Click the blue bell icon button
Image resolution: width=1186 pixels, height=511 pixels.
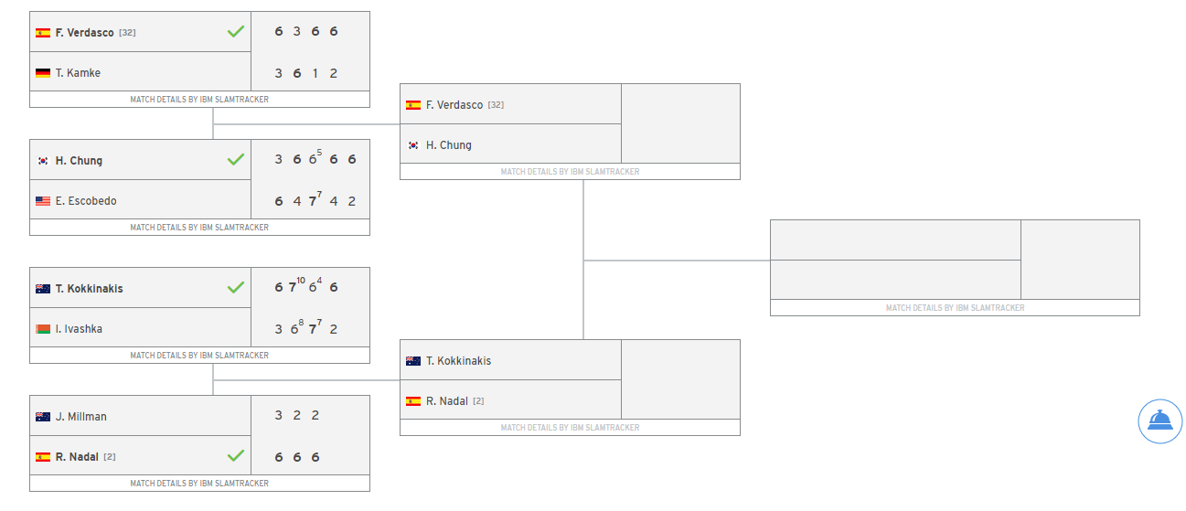coord(1159,421)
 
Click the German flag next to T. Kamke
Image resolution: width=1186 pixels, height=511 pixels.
coord(43,73)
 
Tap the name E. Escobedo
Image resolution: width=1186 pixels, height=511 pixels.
coord(86,201)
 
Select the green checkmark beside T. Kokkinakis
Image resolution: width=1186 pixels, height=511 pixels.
coord(236,288)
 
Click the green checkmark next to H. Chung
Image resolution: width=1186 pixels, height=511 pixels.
coord(236,160)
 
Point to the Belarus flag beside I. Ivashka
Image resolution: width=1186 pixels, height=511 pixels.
coord(43,329)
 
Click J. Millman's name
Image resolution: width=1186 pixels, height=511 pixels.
coord(80,417)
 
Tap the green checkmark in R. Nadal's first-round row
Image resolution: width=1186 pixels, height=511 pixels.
coord(236,456)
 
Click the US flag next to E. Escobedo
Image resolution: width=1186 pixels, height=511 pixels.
coord(43,201)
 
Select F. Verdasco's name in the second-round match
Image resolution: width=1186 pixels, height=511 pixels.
coord(454,105)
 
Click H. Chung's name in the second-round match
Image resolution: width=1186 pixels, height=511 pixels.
coord(448,145)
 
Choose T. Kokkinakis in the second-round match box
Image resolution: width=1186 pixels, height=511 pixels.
coord(458,361)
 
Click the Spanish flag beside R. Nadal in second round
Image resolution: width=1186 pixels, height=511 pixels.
coord(413,401)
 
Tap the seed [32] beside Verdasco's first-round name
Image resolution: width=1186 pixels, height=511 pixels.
coord(127,33)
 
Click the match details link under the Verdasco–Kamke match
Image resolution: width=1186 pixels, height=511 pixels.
coord(199,100)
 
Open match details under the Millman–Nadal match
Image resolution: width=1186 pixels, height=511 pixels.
coord(199,484)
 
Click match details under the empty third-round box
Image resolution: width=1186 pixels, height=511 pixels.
coord(955,308)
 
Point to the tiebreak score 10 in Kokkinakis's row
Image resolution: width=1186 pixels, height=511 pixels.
coord(301,281)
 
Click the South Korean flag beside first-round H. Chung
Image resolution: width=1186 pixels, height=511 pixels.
coord(43,161)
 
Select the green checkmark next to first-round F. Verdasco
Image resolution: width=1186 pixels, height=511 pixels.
coord(236,32)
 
